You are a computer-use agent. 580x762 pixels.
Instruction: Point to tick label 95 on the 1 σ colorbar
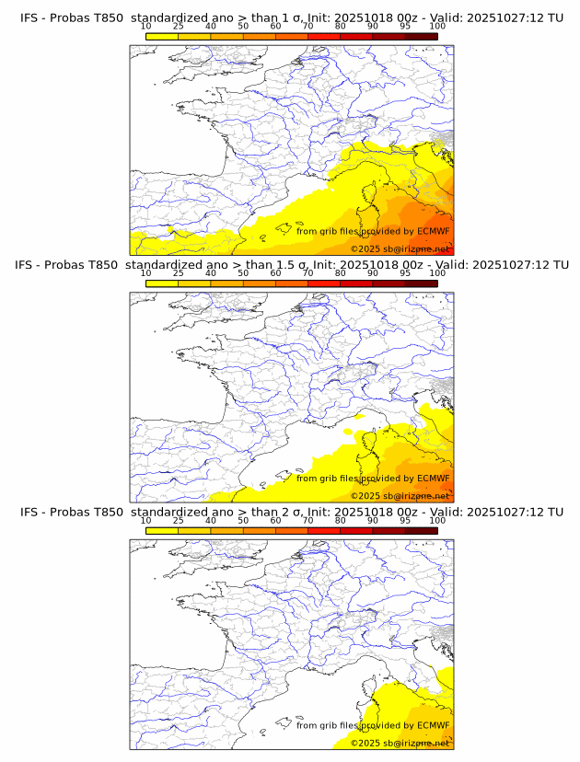coord(405,27)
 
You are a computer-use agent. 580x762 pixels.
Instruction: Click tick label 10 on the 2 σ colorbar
coord(145,520)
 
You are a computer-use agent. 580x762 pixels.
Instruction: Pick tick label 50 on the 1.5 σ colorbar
coord(243,273)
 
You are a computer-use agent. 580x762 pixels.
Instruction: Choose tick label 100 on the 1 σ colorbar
coord(437,27)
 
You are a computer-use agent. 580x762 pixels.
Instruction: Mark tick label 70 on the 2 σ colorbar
coord(307,520)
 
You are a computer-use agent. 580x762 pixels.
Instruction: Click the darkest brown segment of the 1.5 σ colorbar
coord(421,283)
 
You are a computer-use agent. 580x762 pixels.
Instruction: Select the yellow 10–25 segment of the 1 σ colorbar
coord(162,36)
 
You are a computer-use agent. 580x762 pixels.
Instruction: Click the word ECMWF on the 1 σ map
coord(433,231)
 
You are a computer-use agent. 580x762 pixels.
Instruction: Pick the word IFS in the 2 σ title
coord(29,511)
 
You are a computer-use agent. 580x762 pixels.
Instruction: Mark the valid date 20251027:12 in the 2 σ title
coord(511,511)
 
